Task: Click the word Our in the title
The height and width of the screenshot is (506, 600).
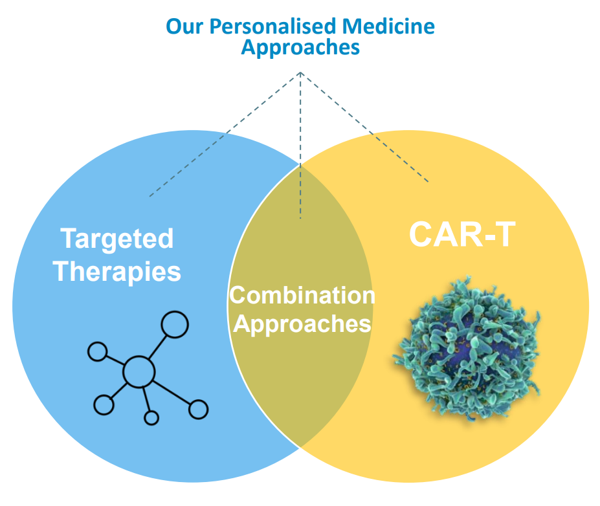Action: click(184, 27)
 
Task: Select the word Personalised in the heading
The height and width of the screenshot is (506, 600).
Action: click(272, 27)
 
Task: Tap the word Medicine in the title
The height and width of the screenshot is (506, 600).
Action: click(388, 26)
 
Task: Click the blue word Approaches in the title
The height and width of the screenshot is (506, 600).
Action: click(300, 48)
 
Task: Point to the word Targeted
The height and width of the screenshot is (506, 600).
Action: click(117, 239)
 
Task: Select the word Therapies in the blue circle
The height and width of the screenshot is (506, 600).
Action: click(117, 272)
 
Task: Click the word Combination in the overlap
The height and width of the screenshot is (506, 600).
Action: click(302, 295)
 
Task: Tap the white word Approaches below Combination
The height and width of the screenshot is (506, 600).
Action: click(302, 324)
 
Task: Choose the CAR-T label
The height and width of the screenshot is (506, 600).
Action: click(462, 234)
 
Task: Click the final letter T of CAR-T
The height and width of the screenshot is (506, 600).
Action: click(505, 234)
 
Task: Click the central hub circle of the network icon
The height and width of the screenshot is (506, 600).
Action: click(139, 372)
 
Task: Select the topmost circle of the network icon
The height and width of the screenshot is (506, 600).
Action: click(175, 325)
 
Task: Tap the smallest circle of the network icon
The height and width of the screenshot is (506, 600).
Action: click(151, 417)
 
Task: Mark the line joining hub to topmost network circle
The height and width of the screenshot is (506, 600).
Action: click(158, 347)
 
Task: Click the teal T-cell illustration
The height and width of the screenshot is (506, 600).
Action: click(467, 348)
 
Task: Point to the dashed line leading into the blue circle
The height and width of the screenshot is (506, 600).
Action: click(225, 135)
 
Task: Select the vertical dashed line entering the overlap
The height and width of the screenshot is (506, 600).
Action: click(300, 146)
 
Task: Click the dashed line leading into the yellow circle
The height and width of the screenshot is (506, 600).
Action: click(364, 127)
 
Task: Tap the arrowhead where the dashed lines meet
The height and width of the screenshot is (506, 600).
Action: click(300, 73)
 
